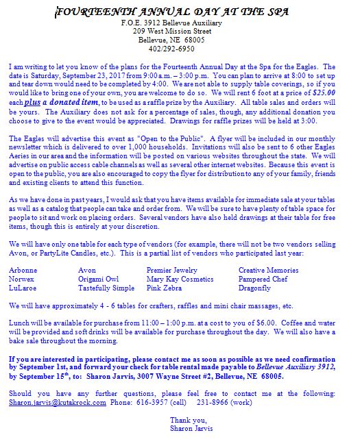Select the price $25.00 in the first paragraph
coord(333,92)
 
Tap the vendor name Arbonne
coord(23,271)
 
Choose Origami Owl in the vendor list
coord(99,279)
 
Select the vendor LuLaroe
coord(23,288)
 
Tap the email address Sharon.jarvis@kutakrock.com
coord(58,403)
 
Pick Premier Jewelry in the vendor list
coord(171,271)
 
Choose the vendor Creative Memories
coord(268,271)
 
